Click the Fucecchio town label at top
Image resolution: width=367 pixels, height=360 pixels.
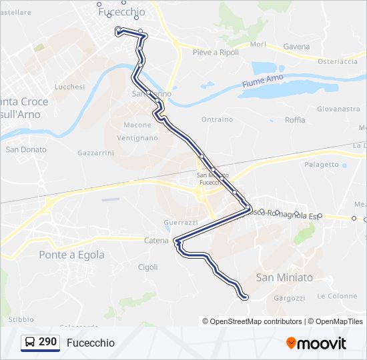(x=121, y=12)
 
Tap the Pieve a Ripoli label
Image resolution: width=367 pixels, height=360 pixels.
(x=216, y=52)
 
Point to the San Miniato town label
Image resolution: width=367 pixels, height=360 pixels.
(x=284, y=277)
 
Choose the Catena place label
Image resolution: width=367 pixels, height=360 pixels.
(x=157, y=240)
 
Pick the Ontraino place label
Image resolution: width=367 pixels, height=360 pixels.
(x=217, y=119)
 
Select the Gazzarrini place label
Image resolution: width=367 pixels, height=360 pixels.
(x=95, y=153)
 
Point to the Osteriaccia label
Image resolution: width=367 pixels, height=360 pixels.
(x=338, y=61)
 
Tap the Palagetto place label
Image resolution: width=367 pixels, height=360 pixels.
(x=322, y=165)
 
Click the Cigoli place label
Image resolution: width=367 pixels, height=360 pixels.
(x=147, y=267)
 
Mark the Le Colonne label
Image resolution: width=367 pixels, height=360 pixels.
(x=337, y=296)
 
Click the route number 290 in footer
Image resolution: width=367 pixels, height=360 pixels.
(x=47, y=342)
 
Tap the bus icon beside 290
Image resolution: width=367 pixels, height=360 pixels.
(x=30, y=343)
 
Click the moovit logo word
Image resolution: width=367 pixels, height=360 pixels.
(x=322, y=343)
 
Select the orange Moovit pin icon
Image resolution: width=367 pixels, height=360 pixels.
(x=291, y=343)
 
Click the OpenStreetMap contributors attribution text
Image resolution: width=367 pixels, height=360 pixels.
(x=256, y=321)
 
